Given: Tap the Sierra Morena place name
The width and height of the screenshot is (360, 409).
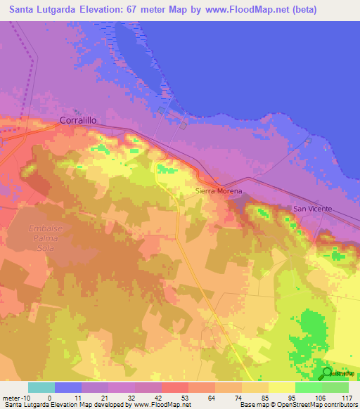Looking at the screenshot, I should coord(218,191).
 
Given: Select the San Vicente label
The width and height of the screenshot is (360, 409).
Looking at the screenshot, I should coord(312,209).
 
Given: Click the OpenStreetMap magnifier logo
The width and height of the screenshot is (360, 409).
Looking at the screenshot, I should coord(328,372).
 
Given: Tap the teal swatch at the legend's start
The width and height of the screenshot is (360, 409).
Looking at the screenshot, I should coord(41,387).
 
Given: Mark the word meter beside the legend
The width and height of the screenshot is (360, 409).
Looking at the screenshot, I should coord(11,397).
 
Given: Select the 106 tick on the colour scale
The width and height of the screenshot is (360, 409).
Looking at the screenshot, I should coord(321,397).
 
